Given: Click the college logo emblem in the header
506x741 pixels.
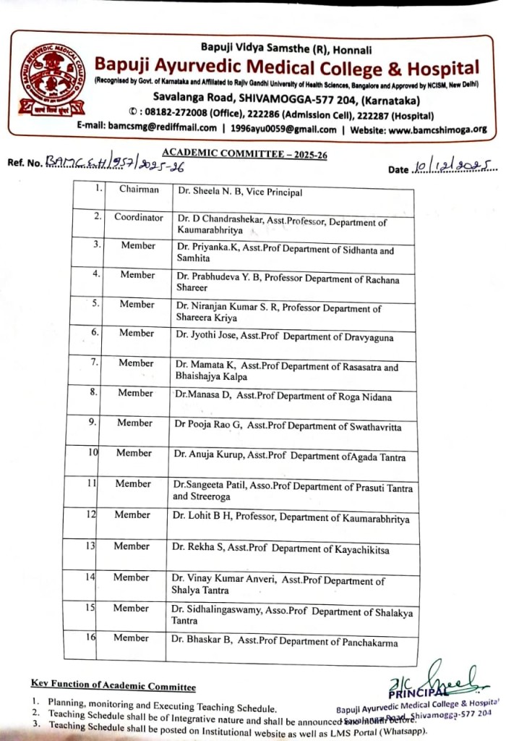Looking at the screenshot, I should (51, 83).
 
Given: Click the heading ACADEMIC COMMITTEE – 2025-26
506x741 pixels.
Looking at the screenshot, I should (244, 153).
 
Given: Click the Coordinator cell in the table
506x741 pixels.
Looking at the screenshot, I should (137, 217).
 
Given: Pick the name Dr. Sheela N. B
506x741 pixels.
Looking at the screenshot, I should (239, 192).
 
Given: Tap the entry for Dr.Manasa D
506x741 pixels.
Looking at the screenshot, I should (282, 397).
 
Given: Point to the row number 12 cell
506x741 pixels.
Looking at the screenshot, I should (92, 515).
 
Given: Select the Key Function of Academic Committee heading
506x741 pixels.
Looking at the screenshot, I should (113, 685).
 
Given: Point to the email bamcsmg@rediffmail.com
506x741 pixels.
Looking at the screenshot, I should (162, 129).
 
